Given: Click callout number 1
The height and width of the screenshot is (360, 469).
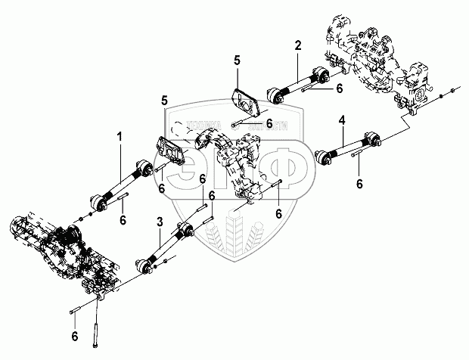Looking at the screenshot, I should tap(119, 137).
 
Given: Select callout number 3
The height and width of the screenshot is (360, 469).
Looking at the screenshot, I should tap(159, 222).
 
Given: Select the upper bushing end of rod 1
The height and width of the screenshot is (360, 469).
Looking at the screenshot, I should tap(144, 167).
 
